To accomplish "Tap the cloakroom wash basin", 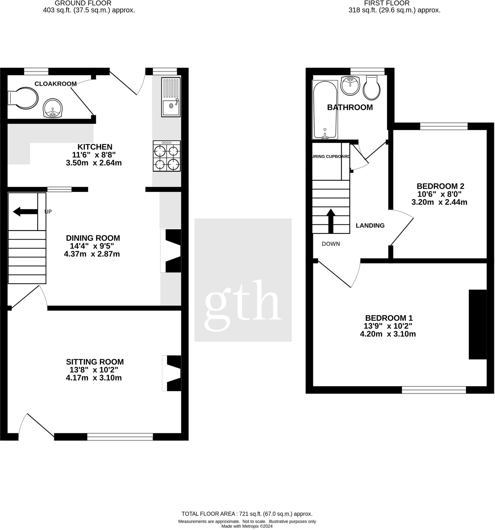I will pyautogui.click(x=53, y=108).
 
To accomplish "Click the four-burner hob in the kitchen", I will pyautogui.click(x=167, y=156).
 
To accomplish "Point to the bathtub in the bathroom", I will pyautogui.click(x=325, y=109).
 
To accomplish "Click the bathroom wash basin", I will pyautogui.click(x=350, y=85).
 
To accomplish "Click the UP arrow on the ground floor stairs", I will pyautogui.click(x=25, y=212).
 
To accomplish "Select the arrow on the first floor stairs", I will pyautogui.click(x=331, y=221).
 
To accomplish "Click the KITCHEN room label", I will pyautogui.click(x=95, y=147).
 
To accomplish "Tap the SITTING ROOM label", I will pyautogui.click(x=95, y=362).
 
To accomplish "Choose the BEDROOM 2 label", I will pyautogui.click(x=440, y=186).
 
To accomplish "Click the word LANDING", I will pyautogui.click(x=370, y=226).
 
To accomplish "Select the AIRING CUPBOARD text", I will pyautogui.click(x=331, y=157).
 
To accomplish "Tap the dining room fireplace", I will pyautogui.click(x=172, y=251).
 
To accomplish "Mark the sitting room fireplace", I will pyautogui.click(x=173, y=373).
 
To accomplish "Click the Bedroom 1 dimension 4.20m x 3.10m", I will pyautogui.click(x=388, y=334).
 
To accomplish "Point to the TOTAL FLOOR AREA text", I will pyautogui.click(x=247, y=514).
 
